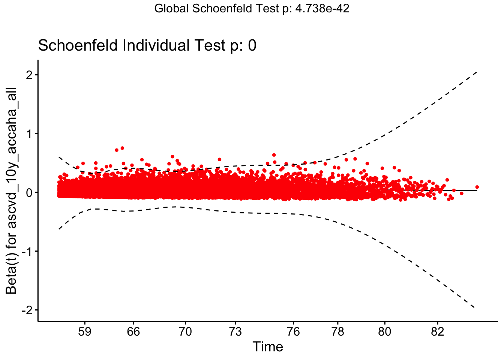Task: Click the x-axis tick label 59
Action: [85, 331]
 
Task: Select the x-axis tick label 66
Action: [133, 331]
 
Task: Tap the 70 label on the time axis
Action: [185, 331]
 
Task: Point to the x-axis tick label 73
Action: [235, 331]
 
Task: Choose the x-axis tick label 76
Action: [293, 331]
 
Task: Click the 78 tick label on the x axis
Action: [338, 331]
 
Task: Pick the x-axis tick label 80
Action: [384, 331]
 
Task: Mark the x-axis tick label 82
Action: [437, 331]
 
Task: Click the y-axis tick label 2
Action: [29, 75]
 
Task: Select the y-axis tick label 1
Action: [29, 134]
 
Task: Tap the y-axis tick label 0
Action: [29, 193]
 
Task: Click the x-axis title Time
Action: [268, 347]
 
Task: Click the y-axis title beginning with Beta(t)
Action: [11, 191]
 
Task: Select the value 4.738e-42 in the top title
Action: [322, 9]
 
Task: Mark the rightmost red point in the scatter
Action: [477, 187]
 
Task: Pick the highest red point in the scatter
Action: [122, 148]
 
